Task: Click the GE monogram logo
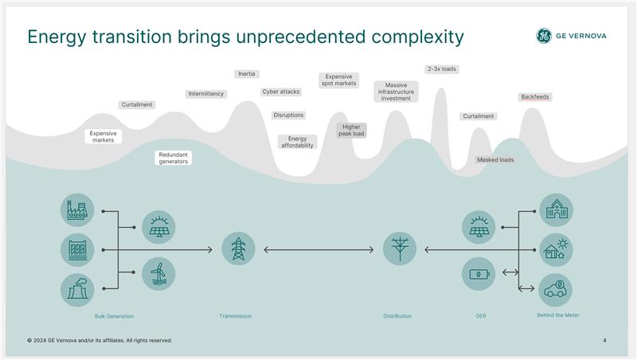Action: click(544, 36)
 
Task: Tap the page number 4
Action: click(604, 341)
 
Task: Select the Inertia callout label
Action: click(247, 74)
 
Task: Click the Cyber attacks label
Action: click(281, 92)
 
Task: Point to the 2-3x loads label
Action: click(442, 69)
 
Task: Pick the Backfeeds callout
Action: click(535, 96)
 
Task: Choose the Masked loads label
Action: click(495, 159)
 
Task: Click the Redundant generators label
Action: click(173, 158)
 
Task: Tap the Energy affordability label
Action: click(297, 142)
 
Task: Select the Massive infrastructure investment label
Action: click(396, 92)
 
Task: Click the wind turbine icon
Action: click(158, 273)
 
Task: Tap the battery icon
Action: click(479, 273)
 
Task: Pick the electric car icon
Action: click(555, 290)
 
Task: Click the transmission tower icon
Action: click(238, 248)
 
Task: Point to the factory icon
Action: click(77, 209)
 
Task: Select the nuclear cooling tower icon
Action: click(77, 290)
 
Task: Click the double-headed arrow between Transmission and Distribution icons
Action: click(318, 249)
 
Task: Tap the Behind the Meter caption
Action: click(558, 315)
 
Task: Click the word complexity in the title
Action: click(417, 37)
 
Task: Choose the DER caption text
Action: click(481, 315)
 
